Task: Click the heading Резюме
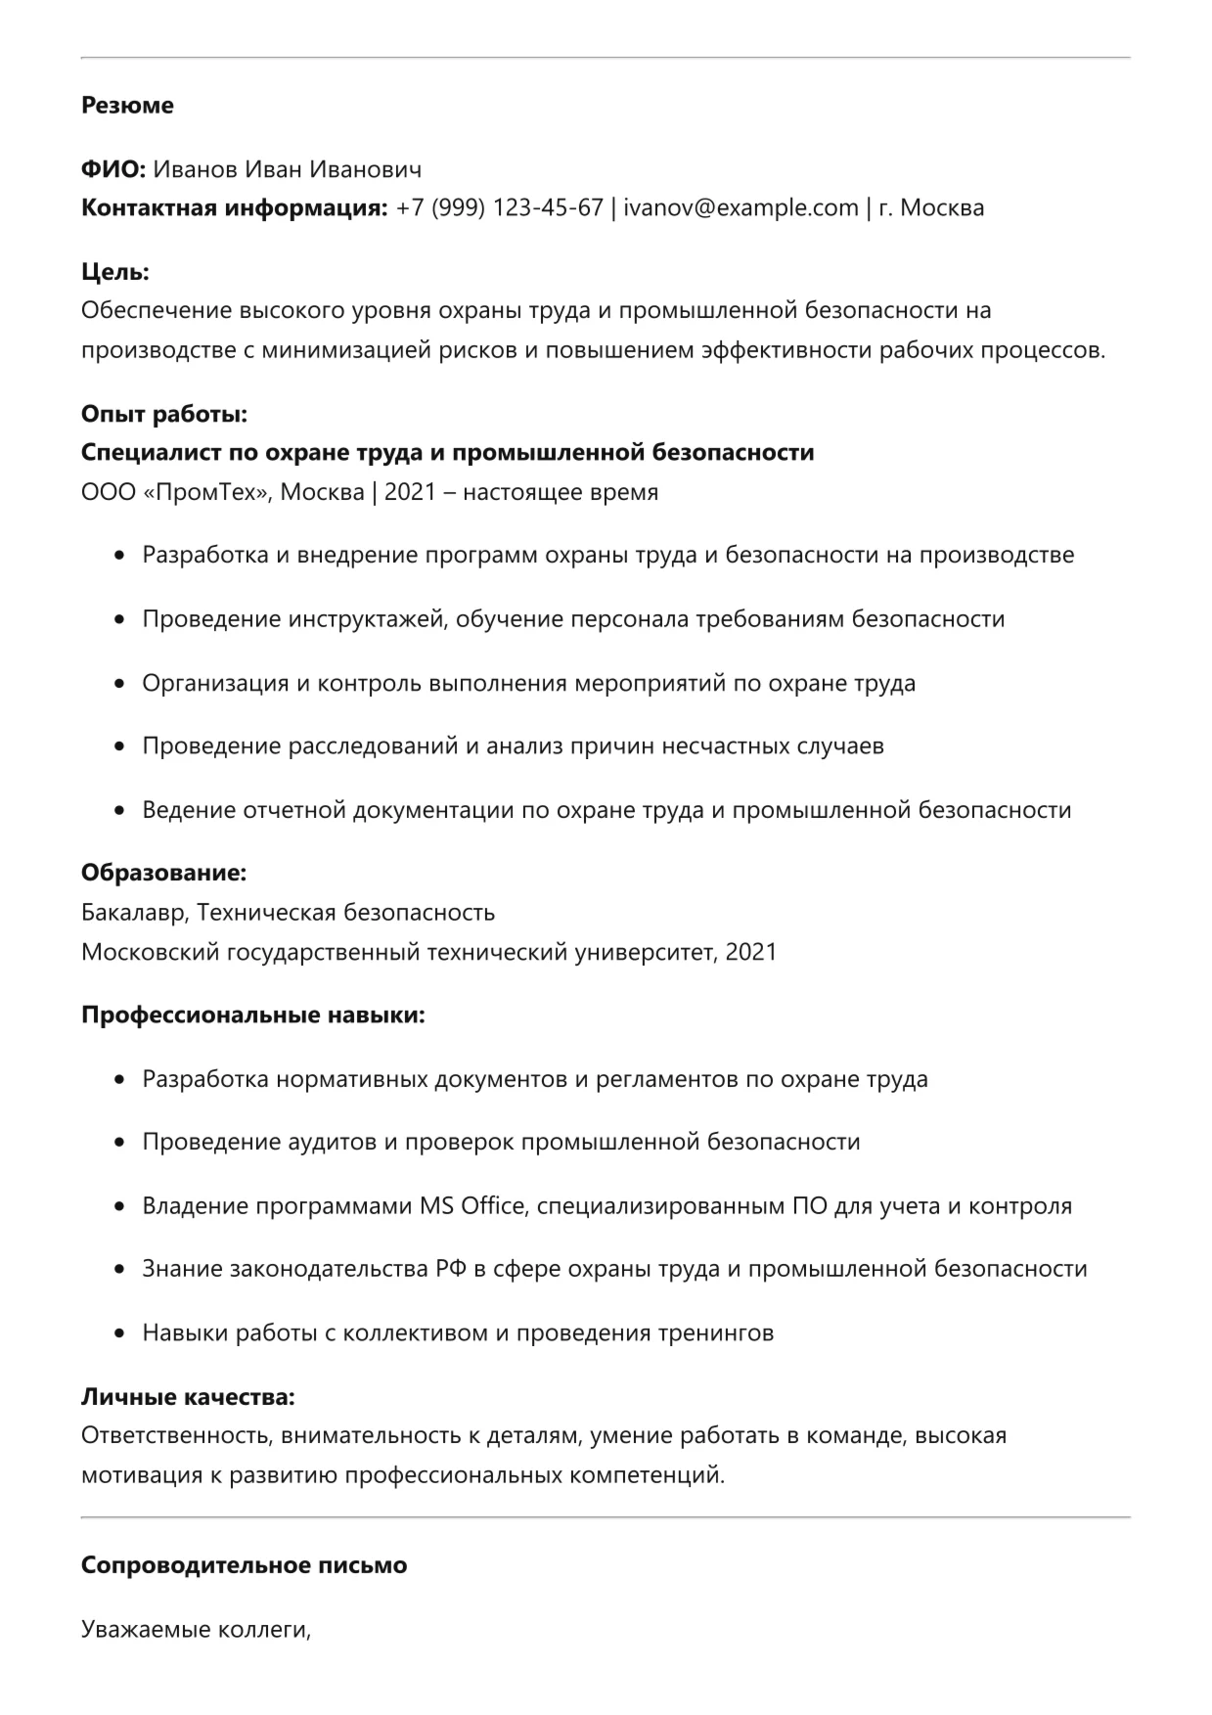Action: point(127,106)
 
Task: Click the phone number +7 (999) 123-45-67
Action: point(499,208)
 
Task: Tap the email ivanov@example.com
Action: point(741,208)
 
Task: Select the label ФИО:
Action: point(113,170)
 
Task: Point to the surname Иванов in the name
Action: point(196,170)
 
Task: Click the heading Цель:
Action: point(115,272)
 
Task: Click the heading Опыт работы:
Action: point(164,415)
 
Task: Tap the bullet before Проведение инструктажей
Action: point(120,620)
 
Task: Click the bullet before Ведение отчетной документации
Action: point(120,811)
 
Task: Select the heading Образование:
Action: point(163,873)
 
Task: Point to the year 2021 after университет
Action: point(751,952)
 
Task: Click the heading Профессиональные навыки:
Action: point(253,1015)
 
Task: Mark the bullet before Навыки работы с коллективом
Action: point(120,1333)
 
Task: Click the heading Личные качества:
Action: point(188,1397)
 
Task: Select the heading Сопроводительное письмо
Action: point(244,1565)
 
